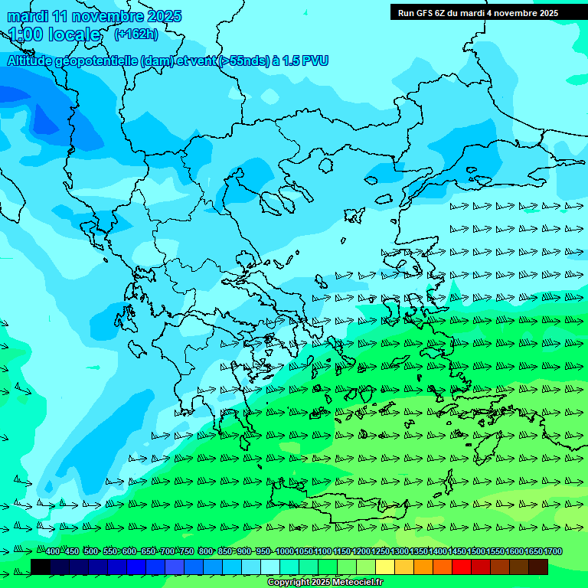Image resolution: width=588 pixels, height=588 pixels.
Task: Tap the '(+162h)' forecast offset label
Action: [x=136, y=34]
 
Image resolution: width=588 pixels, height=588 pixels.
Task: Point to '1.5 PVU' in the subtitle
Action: [x=305, y=60]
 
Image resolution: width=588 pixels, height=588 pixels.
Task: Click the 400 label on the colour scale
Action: [x=53, y=552]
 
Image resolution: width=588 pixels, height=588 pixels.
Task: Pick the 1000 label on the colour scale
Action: [x=284, y=552]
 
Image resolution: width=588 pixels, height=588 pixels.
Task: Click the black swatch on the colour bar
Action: [x=41, y=567]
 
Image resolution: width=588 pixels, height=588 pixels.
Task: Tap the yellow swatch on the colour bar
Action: [x=385, y=567]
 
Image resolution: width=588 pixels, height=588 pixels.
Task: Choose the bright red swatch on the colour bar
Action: [x=462, y=567]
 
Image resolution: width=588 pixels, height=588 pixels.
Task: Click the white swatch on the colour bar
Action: [x=270, y=567]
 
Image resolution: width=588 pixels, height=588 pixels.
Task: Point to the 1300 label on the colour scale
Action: [x=400, y=552]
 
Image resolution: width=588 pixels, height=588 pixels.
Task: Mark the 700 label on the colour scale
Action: [x=167, y=552]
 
